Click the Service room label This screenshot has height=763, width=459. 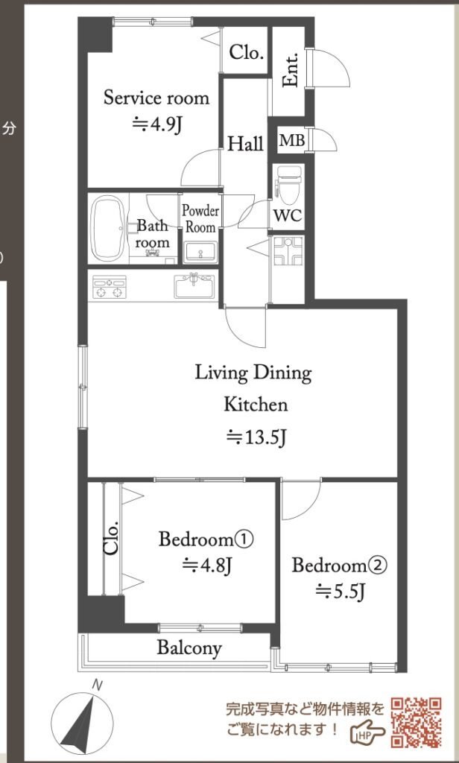[x=156, y=98]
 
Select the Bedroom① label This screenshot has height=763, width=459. [x=207, y=539]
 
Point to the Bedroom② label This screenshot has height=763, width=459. [x=339, y=566]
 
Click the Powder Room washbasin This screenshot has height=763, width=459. [x=200, y=251]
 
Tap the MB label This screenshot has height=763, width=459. [x=292, y=141]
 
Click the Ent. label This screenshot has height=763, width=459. [x=291, y=74]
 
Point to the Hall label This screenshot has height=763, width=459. [x=246, y=144]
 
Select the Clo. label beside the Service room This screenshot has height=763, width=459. [x=247, y=52]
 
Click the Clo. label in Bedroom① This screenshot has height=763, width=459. [x=111, y=538]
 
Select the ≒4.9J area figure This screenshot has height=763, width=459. [x=157, y=125]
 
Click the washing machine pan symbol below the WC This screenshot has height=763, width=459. [x=288, y=251]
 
